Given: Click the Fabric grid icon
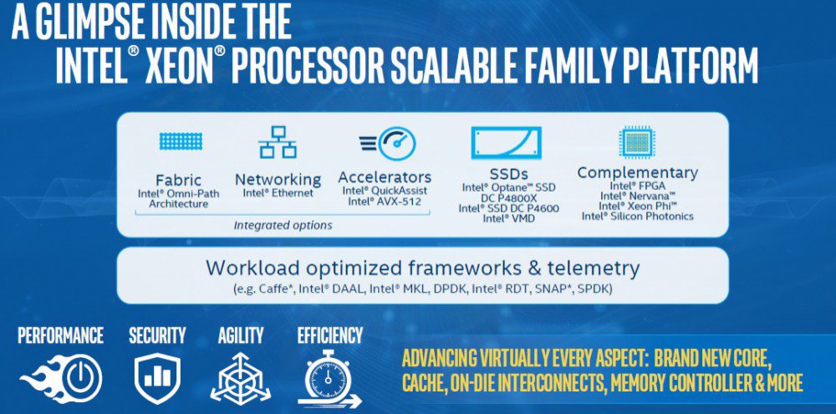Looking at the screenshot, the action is [181, 141].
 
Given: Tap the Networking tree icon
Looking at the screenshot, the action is [278, 142].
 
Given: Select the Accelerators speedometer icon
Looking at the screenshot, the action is [388, 143].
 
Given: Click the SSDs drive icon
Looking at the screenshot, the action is [506, 142].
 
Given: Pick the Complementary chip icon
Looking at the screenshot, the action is [637, 142].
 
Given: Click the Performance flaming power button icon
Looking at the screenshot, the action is [61, 377].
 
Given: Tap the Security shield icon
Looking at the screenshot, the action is [157, 378].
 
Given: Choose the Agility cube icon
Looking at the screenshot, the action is [241, 378].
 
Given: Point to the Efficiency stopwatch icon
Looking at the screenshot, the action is [329, 380].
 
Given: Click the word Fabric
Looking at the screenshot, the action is [178, 181].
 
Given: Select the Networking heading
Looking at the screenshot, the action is [278, 180].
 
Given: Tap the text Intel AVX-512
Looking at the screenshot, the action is [385, 202].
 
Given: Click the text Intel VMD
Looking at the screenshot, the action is [508, 218].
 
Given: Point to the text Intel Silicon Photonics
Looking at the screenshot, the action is [638, 216].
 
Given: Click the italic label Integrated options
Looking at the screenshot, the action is [283, 225].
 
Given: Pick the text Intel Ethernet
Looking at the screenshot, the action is [278, 193].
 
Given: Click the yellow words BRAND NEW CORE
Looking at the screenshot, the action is [712, 358].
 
